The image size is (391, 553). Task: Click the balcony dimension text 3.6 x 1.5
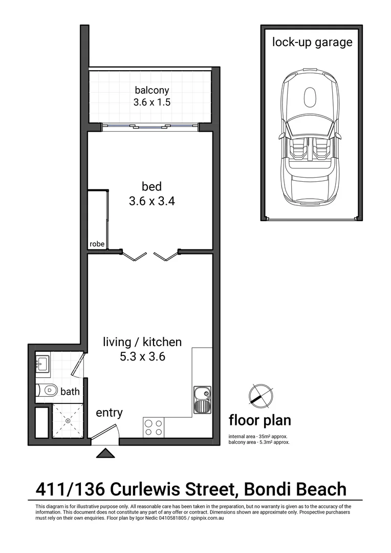point(151,102)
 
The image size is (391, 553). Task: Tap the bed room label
point(152,185)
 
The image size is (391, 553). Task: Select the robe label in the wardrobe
point(97,244)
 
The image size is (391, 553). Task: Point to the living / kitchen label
point(142,342)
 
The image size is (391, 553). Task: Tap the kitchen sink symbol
point(203,400)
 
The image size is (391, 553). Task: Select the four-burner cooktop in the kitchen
point(154,427)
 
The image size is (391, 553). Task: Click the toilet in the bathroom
point(48,391)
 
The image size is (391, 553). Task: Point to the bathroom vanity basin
point(42,364)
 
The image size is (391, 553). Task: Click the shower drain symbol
point(68,420)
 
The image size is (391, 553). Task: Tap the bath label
point(70,392)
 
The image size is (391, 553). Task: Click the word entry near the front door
point(109,412)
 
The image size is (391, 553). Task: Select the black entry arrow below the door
point(106,453)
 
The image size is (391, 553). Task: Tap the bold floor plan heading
point(259,421)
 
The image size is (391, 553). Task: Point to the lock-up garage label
point(312,42)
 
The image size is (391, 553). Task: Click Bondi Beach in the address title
point(295,489)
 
